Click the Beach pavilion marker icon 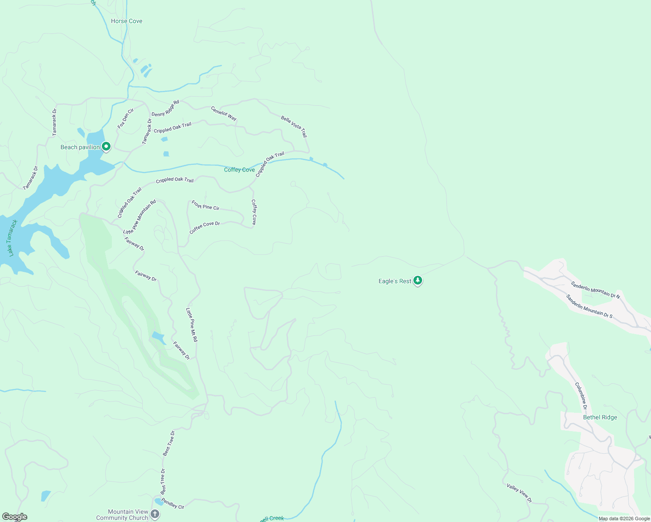[x=106, y=147]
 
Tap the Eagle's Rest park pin [x=418, y=281]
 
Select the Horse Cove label [x=127, y=21]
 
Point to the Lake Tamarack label [x=12, y=238]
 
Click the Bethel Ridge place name [x=600, y=417]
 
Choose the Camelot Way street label [x=224, y=113]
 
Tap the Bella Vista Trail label [x=294, y=126]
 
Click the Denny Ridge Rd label [x=165, y=109]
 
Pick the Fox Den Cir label [x=125, y=118]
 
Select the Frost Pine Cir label [x=205, y=205]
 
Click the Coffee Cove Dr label [x=205, y=227]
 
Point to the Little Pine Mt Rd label [x=191, y=325]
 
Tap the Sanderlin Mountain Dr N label [x=595, y=290]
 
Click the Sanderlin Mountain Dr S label [x=589, y=306]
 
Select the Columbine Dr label [x=581, y=396]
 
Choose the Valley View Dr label [x=519, y=493]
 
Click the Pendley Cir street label [x=173, y=503]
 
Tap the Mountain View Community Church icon [x=155, y=515]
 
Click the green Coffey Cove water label [x=239, y=170]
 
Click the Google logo [x=14, y=517]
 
